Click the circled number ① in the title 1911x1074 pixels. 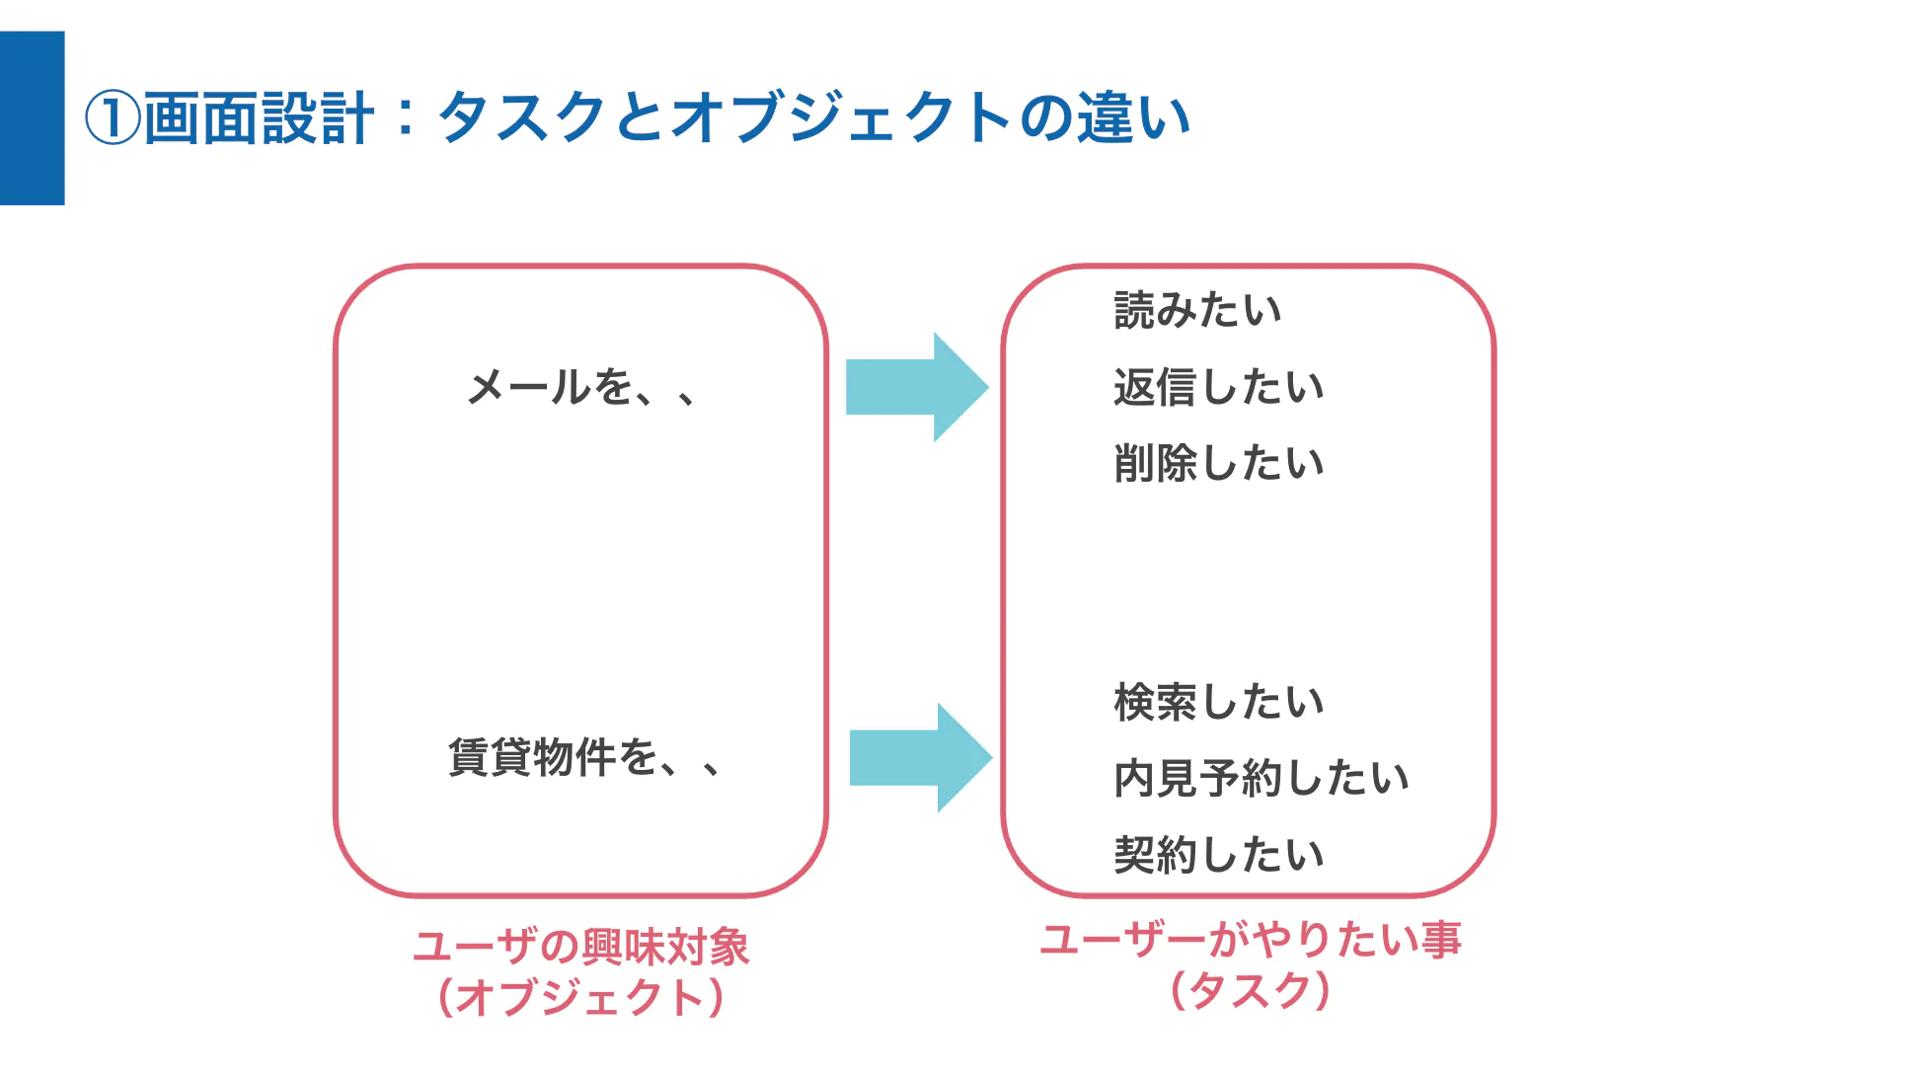click(113, 118)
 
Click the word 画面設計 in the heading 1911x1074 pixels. click(260, 118)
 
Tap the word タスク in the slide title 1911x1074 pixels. click(522, 117)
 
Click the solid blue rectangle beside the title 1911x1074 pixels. click(33, 118)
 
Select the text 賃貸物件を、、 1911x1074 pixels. click(584, 757)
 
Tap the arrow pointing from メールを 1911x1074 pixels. click(917, 387)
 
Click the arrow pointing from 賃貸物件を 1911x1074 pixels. click(921, 758)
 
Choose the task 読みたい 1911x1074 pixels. click(1197, 310)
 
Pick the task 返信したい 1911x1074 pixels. click(1219, 387)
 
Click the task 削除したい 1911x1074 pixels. click(1219, 463)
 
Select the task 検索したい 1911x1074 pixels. click(1219, 702)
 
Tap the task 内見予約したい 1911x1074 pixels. click(1261, 778)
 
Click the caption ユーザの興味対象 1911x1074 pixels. click(581, 947)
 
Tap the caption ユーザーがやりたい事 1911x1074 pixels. click(1251, 939)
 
